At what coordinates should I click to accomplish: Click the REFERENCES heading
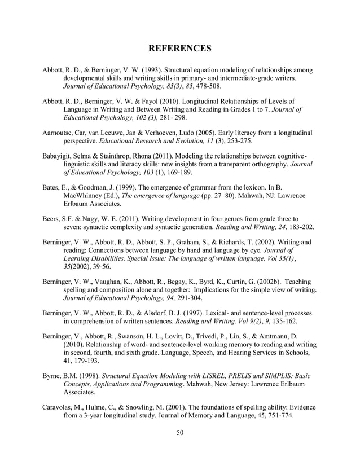pos(179,49)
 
